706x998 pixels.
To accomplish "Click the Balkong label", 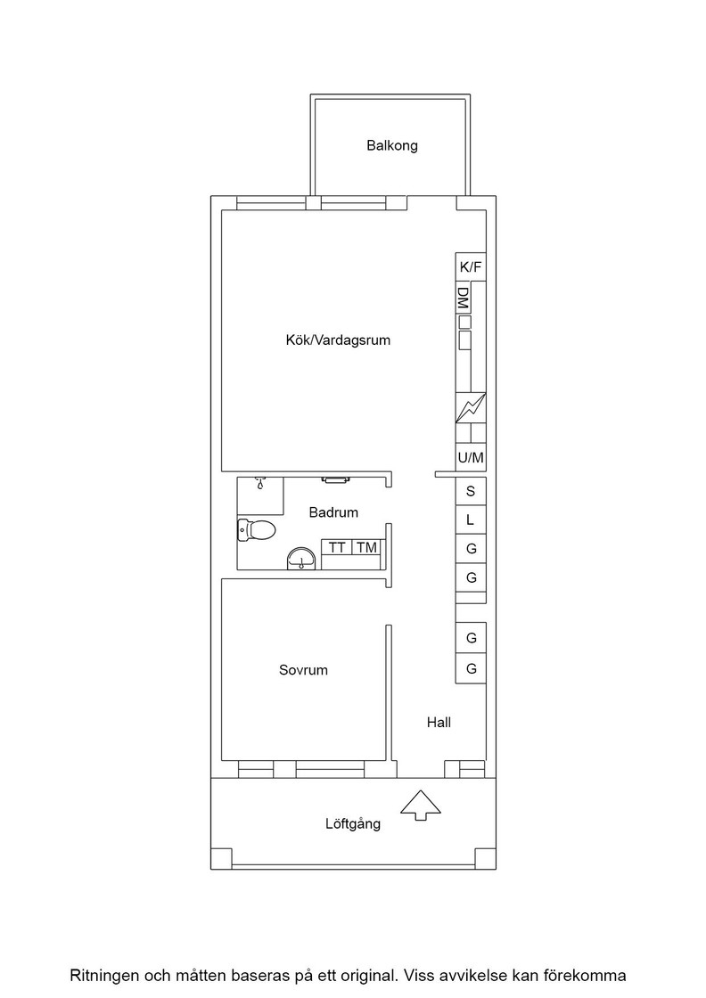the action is [x=392, y=146].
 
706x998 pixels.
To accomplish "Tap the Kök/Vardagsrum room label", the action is [x=338, y=339].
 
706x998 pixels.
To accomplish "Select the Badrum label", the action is [x=333, y=512].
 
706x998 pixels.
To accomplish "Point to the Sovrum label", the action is [x=303, y=669].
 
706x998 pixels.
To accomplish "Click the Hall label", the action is [x=439, y=722].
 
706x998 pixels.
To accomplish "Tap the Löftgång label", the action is [x=353, y=823].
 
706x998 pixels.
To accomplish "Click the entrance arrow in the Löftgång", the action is [x=420, y=806].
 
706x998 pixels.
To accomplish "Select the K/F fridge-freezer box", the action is [x=471, y=266].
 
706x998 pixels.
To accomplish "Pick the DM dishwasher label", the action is [x=464, y=299].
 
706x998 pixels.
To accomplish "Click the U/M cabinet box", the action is [x=471, y=458].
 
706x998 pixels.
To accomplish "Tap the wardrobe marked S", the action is [x=471, y=491].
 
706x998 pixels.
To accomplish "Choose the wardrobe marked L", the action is [x=471, y=520].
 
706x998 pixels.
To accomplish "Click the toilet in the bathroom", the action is [x=256, y=529].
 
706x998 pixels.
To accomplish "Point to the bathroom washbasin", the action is [x=300, y=558].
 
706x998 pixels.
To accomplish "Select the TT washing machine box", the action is [x=337, y=547].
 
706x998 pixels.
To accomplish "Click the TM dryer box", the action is [x=366, y=547].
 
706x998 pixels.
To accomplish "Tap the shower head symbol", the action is [x=259, y=483].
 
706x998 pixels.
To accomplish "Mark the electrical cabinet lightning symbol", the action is [x=471, y=408].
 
